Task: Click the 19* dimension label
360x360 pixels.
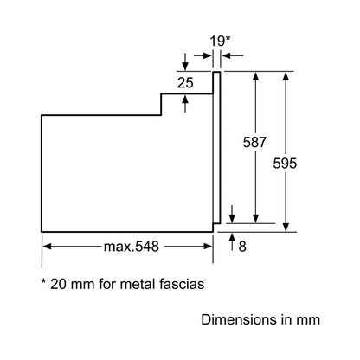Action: (220, 41)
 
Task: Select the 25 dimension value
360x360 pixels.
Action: (185, 83)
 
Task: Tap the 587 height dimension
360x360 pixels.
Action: (254, 142)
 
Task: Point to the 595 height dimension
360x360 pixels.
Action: (285, 164)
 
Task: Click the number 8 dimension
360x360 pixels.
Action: (242, 247)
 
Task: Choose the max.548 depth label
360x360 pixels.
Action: (132, 247)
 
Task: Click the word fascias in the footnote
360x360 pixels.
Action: (182, 284)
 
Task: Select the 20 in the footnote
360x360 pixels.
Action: (59, 284)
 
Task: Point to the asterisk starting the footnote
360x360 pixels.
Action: (44, 280)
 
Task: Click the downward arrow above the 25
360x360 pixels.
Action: (185, 61)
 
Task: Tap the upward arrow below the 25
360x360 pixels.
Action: (185, 104)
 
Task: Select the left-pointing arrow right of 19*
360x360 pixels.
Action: (233, 55)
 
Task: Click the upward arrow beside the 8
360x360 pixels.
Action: (232, 241)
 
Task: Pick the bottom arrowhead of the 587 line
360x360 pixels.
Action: (255, 219)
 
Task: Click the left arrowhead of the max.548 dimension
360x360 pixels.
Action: (47, 247)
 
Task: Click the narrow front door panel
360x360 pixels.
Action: (216, 147)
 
